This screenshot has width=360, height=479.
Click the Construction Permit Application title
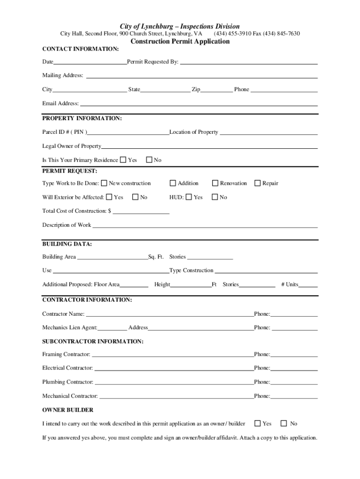(180, 42)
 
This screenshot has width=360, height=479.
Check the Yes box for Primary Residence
(123, 160)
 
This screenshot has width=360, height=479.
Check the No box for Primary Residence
(149, 160)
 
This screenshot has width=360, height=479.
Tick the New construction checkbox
(104, 183)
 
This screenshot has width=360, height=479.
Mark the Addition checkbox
(173, 183)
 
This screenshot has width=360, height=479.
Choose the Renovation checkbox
(216, 183)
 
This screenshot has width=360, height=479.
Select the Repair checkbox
(258, 183)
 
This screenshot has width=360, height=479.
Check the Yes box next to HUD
(188, 197)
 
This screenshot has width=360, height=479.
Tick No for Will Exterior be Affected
(136, 197)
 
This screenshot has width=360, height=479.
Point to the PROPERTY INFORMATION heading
(82, 119)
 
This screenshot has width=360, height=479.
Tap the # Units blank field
(308, 285)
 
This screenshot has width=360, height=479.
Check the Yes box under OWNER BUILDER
(258, 423)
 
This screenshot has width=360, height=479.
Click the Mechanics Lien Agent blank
(112, 328)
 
